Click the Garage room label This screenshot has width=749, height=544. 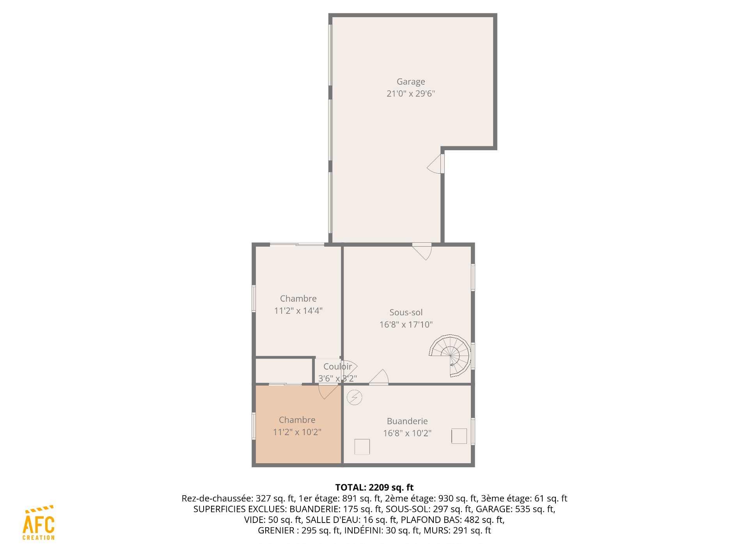pos(411,82)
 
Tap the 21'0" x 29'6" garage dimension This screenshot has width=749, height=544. pos(411,94)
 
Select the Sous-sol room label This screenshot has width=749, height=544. pos(406,312)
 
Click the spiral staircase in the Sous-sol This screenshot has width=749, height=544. pos(450,356)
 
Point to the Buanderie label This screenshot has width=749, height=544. pos(407,421)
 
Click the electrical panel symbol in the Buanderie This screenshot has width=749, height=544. pos(355,398)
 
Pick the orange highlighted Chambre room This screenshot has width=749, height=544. pos(298,425)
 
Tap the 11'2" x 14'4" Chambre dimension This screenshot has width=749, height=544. pos(298,311)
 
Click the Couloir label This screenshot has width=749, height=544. pos(337,366)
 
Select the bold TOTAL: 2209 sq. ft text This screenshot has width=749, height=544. pos(374,487)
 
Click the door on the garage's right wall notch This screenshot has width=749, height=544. pos(436,164)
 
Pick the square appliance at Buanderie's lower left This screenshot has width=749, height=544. pos(362,447)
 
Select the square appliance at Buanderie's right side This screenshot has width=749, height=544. pos(459,436)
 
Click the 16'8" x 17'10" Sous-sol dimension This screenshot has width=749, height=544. pos(406,325)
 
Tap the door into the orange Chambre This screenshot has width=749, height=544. pos(328,391)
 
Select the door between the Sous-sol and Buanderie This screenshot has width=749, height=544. pos(379,377)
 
